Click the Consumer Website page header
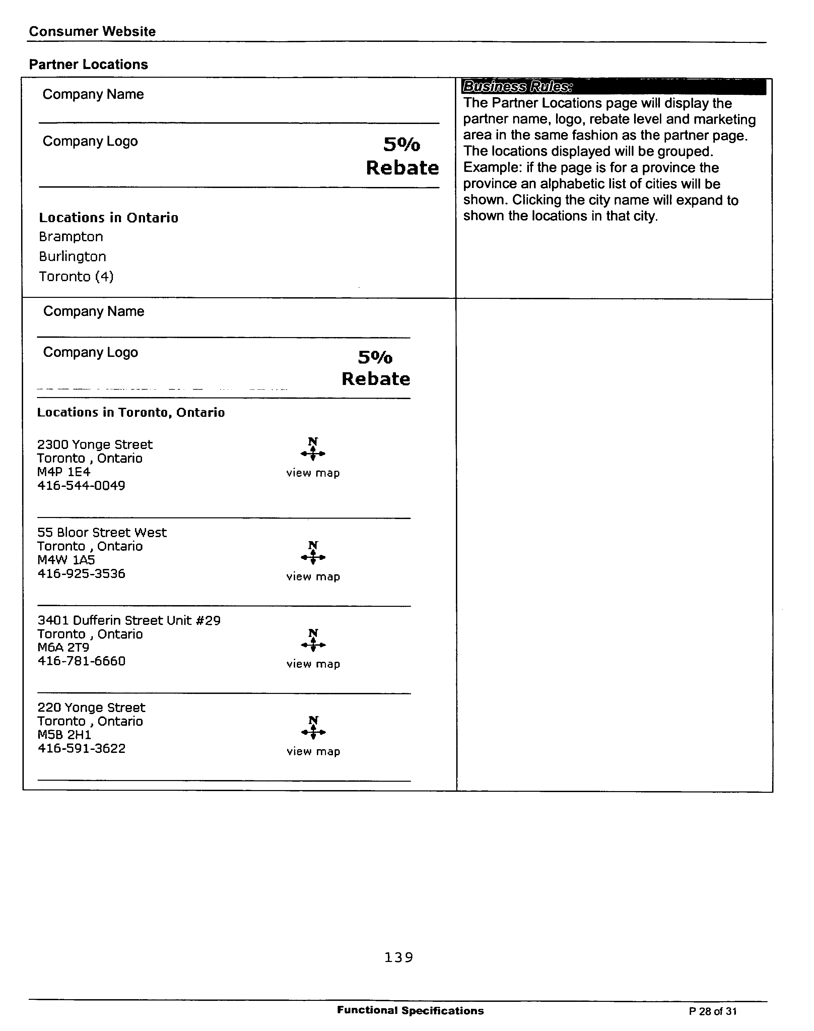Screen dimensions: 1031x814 (x=92, y=31)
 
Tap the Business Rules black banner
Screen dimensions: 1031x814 (x=613, y=87)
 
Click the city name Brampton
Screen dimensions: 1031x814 (x=71, y=237)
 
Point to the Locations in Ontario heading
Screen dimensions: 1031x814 (x=109, y=218)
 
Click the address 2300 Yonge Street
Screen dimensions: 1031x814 (x=95, y=445)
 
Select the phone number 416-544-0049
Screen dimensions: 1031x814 (x=81, y=486)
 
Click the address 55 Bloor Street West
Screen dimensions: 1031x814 (x=102, y=532)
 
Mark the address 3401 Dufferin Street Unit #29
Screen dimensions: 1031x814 (x=129, y=620)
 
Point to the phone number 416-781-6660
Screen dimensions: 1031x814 (x=81, y=661)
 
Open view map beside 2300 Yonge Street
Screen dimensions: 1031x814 (x=313, y=473)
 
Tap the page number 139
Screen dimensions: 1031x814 (x=398, y=957)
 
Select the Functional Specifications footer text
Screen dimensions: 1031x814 (x=410, y=1011)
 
